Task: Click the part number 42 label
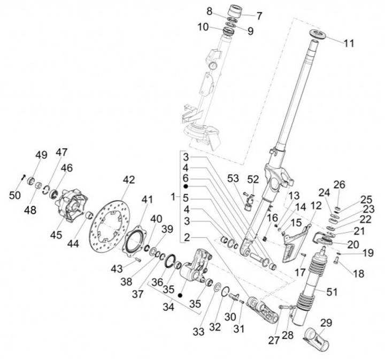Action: click(x=128, y=180)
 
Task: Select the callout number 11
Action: click(x=349, y=44)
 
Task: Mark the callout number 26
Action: click(x=340, y=185)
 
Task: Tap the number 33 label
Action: click(x=199, y=332)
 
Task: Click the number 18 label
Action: click(x=358, y=273)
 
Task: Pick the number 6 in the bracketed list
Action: click(x=186, y=178)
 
